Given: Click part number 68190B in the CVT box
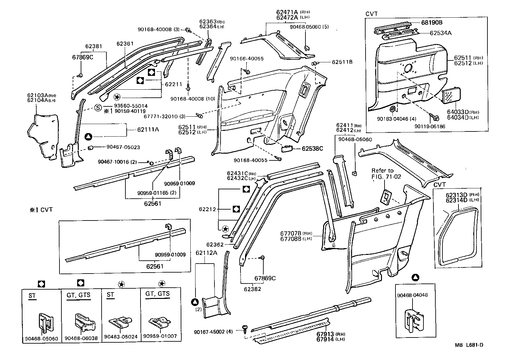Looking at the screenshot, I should (432, 22).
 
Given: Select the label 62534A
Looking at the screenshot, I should (440, 33).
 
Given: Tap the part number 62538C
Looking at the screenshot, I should (312, 148).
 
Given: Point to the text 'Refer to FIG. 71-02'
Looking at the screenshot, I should (386, 174).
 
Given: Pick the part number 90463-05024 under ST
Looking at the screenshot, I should (121, 337).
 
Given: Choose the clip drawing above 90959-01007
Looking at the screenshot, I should (160, 323).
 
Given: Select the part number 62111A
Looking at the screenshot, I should (148, 130).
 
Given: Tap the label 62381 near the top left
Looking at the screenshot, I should (94, 46).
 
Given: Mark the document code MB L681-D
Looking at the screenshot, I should (469, 345).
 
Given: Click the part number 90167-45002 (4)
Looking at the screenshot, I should (213, 332).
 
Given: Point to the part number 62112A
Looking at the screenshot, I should (206, 253).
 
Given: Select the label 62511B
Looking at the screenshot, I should (342, 62).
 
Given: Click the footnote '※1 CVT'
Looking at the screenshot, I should (41, 210).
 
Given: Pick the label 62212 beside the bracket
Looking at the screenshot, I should (207, 209).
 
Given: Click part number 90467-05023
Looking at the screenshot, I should (123, 147).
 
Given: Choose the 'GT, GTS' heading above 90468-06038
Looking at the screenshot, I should (78, 295).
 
